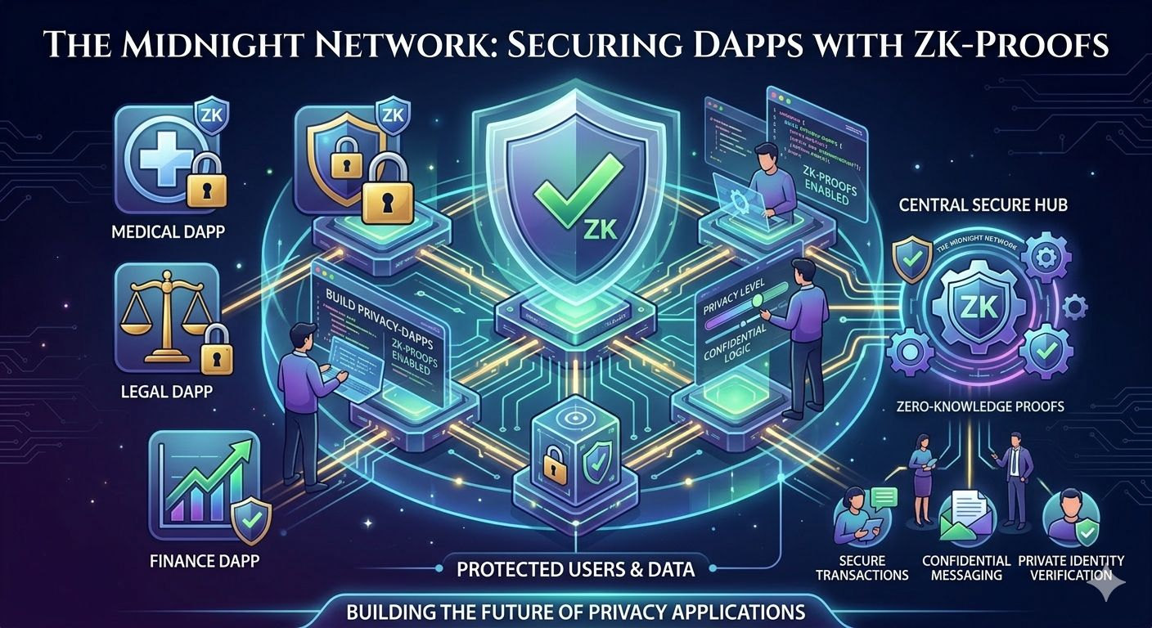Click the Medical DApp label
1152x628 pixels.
(x=168, y=233)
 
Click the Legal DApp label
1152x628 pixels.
(x=167, y=391)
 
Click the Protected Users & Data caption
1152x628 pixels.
(x=576, y=569)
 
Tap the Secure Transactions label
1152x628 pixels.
(x=862, y=567)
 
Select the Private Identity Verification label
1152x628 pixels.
(x=1071, y=567)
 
